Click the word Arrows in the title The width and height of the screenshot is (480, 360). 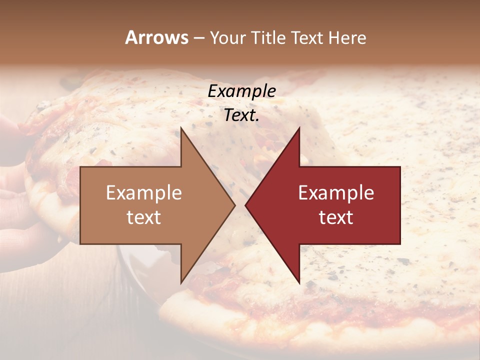point(156,37)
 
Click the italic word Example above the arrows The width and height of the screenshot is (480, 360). point(241,91)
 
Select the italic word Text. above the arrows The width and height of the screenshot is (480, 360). point(241,115)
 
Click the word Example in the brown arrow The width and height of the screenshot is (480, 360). point(144,193)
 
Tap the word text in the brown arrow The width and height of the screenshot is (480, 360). point(144,217)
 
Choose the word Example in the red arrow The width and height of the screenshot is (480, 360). point(336,193)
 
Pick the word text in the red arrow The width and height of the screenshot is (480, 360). point(336,217)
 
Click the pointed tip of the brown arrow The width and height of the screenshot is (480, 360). point(234,205)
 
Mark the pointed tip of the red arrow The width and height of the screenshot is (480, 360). point(245,205)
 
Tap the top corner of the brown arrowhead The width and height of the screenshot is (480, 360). point(181,128)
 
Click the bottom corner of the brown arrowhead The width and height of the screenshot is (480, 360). point(181,282)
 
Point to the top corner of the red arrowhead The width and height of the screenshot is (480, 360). point(299,128)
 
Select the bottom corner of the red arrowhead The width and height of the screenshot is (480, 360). point(299,282)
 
